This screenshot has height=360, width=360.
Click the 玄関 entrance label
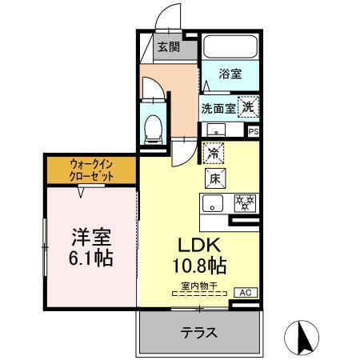(168, 47)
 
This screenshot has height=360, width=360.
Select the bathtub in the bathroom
(230, 48)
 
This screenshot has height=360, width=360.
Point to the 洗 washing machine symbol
(249, 106)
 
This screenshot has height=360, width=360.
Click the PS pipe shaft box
(254, 132)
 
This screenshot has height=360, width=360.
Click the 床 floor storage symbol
(214, 178)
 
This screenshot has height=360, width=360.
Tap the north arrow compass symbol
(303, 335)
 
